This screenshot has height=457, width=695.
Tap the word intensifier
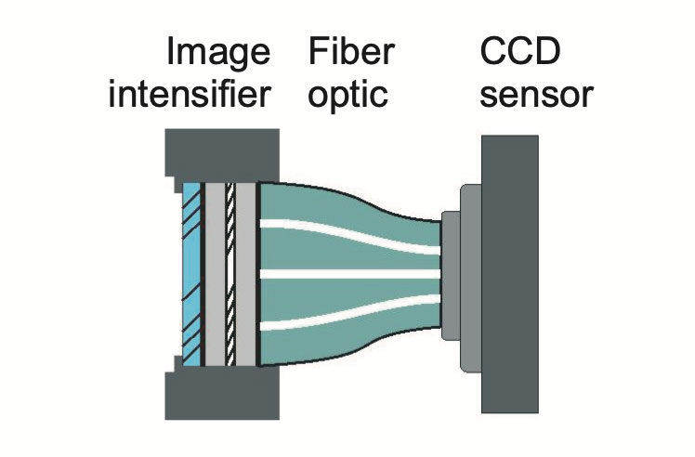tap(191, 96)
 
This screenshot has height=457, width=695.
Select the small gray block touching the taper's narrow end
tap(449, 275)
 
